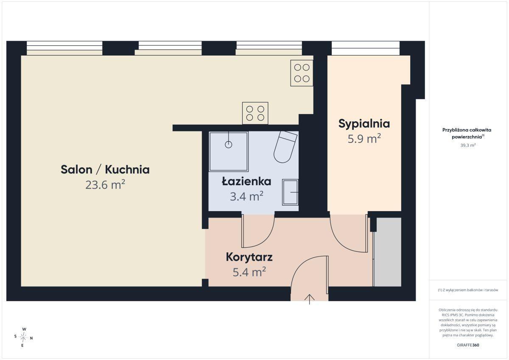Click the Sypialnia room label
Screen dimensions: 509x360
(364, 124)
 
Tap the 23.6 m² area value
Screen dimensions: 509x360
(105, 184)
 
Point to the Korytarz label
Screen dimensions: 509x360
(249, 257)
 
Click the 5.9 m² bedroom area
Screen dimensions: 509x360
(364, 139)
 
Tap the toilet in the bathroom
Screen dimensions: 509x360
(285, 146)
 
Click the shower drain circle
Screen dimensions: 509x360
(228, 145)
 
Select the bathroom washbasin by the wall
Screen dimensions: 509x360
(290, 193)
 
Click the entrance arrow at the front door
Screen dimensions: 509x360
(310, 299)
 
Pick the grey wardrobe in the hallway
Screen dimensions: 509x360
(387, 252)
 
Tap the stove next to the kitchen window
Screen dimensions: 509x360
(302, 73)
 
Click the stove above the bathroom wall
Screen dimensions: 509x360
(255, 113)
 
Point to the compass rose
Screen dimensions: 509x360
(23, 337)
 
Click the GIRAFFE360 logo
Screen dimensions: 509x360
(468, 345)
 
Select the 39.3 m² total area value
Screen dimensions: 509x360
(468, 145)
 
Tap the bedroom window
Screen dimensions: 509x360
(365, 48)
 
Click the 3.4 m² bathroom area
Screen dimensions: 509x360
(246, 196)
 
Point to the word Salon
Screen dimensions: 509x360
(76, 170)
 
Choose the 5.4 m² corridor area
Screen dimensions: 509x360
(249, 272)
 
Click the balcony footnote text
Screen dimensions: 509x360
(468, 290)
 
